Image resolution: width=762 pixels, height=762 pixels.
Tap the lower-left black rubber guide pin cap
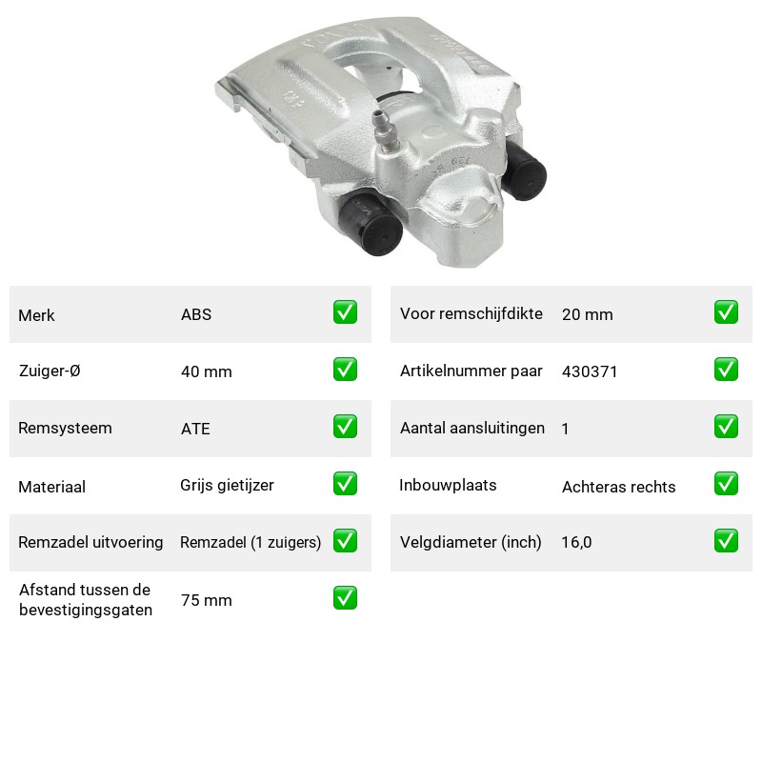[x=371, y=225]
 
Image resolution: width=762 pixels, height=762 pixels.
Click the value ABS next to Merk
[x=196, y=314]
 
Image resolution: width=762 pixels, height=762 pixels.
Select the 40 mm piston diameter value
[x=206, y=371]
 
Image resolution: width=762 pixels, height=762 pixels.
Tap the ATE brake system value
[x=195, y=429]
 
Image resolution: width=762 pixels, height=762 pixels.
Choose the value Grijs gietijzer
[x=227, y=486]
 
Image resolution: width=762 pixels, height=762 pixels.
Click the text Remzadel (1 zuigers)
[x=251, y=542]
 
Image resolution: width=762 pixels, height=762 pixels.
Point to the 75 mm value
[x=206, y=600]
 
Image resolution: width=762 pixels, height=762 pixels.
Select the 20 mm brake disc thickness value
[x=587, y=314]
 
